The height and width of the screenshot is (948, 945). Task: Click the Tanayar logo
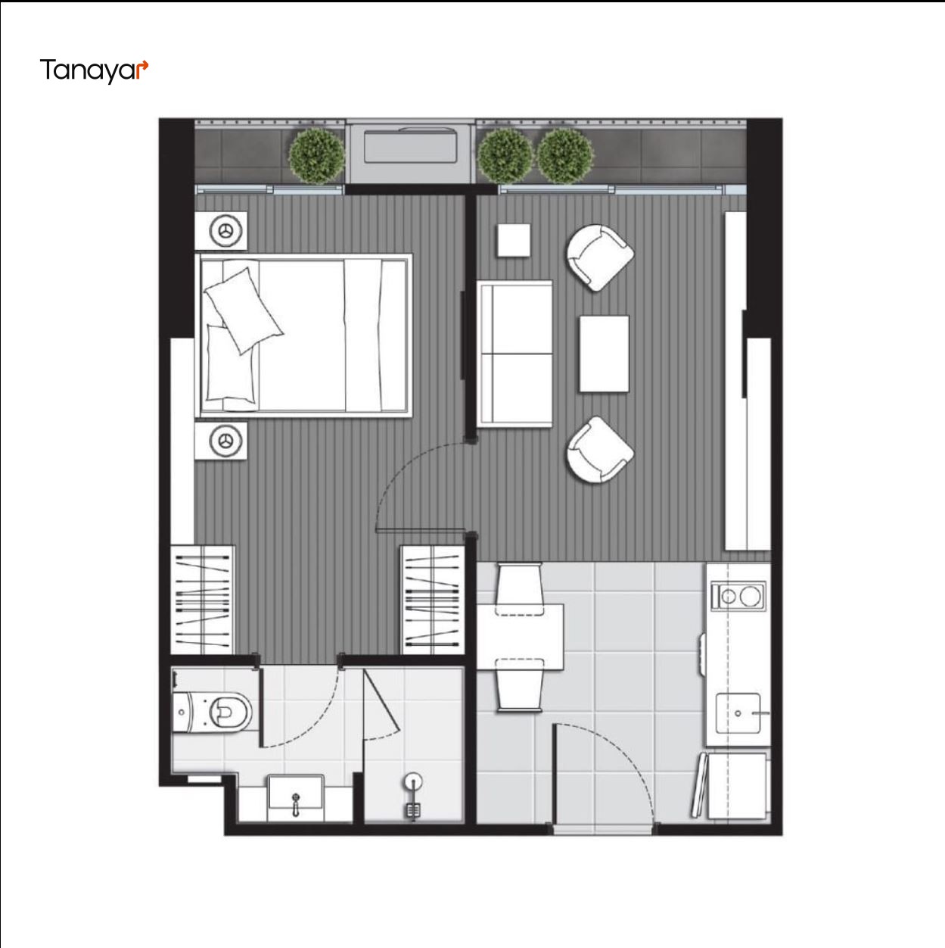(x=94, y=70)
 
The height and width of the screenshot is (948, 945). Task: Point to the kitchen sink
(x=738, y=713)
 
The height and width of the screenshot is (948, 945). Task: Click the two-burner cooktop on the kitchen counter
(x=738, y=597)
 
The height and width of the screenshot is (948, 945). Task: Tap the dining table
(x=521, y=637)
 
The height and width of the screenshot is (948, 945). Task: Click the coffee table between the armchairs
(x=604, y=354)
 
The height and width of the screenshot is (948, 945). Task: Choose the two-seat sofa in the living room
(x=514, y=354)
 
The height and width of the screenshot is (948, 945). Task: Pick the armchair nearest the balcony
(x=599, y=257)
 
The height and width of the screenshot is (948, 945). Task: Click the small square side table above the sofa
(x=514, y=240)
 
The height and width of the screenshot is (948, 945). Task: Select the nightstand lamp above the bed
(x=225, y=230)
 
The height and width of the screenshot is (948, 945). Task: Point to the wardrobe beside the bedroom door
(x=433, y=600)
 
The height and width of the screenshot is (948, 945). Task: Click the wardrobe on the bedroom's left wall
(x=202, y=600)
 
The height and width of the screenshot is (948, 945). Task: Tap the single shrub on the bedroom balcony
(x=316, y=156)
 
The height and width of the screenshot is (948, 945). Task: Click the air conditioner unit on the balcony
(x=409, y=145)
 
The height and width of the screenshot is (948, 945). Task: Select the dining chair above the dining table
(x=519, y=589)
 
